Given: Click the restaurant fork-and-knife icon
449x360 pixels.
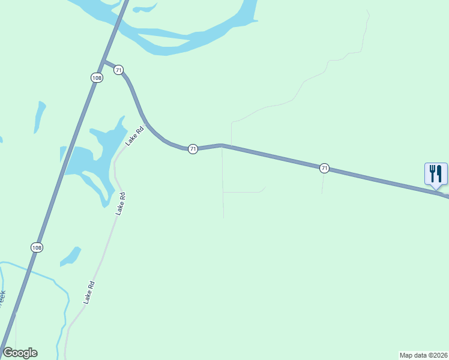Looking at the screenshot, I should pyautogui.click(x=436, y=174).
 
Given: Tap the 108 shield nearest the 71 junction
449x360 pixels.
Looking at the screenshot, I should pyautogui.click(x=97, y=77).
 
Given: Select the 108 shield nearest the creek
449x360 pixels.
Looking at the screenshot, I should pyautogui.click(x=37, y=247).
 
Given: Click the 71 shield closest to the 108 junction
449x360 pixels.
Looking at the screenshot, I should pyautogui.click(x=119, y=70).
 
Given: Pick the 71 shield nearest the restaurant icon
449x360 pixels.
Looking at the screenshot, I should pyautogui.click(x=324, y=168).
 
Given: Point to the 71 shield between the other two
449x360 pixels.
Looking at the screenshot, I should pyautogui.click(x=193, y=149).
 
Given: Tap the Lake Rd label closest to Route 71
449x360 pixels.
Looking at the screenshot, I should pyautogui.click(x=135, y=136).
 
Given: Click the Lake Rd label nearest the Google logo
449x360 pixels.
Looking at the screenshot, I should pyautogui.click(x=89, y=292).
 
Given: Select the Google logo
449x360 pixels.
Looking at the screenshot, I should pyautogui.click(x=20, y=353).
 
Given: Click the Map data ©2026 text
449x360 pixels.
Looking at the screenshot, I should pyautogui.click(x=423, y=355).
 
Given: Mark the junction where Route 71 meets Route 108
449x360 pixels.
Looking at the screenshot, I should pyautogui.click(x=104, y=61).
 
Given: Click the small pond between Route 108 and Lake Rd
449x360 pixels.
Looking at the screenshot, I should pyautogui.click(x=71, y=256).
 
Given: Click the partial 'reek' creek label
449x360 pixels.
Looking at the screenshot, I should pyautogui.click(x=2, y=298).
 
